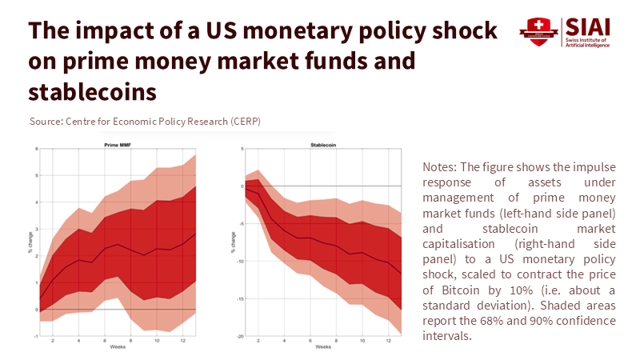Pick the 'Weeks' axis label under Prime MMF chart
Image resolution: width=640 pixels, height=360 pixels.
[116, 348]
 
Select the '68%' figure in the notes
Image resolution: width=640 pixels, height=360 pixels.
[535, 320]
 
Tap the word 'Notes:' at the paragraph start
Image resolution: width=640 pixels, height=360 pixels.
[442, 167]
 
